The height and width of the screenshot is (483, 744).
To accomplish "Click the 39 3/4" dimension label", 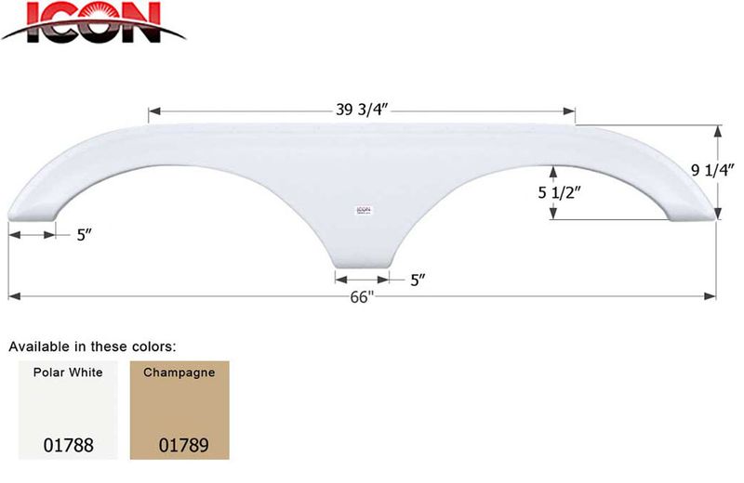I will coord(362,110).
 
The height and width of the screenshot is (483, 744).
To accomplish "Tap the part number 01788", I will coord(67,444).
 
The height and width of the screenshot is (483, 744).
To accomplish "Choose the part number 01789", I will coord(180,444).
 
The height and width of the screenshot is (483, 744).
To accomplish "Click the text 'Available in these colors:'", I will coord(92,346).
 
